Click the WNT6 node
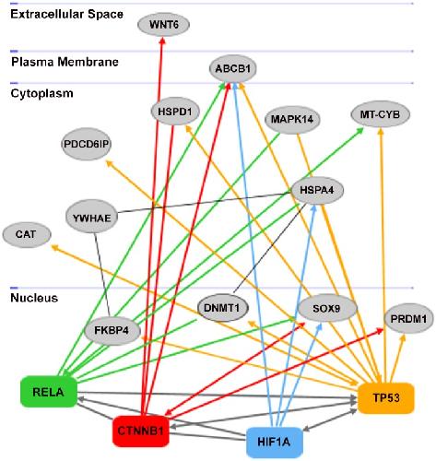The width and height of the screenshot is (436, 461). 163,25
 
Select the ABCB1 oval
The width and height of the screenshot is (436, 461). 232,69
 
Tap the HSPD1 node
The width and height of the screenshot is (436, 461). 175,112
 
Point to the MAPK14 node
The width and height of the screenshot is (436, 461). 292,119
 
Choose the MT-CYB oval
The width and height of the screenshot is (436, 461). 380,114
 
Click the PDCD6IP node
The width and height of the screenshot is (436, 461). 87,144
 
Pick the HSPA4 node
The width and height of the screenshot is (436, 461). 317,190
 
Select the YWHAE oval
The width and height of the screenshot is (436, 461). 92,218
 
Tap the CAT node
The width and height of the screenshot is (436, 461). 27,234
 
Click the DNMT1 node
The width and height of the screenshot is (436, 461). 222,308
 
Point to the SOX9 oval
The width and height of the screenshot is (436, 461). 327,308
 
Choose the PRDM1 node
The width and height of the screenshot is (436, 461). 408,319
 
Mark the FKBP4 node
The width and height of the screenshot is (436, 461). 112,331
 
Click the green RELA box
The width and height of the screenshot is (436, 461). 49,392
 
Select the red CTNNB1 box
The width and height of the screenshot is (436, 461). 141,431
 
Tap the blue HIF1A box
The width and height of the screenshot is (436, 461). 274,443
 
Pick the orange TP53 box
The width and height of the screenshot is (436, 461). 386,398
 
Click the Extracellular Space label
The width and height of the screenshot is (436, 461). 66,14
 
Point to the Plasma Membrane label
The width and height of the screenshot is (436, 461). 65,62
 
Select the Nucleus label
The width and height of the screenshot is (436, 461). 34,298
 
